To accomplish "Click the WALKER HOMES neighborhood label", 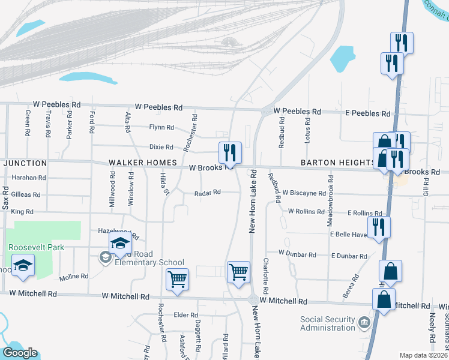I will (x=142, y=163).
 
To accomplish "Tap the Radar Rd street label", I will (x=208, y=193).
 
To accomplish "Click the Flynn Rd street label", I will (x=161, y=127).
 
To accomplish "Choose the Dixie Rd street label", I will (x=161, y=147).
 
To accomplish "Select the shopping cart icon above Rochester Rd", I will (x=178, y=279).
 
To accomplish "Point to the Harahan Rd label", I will (x=29, y=178).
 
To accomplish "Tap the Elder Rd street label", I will (x=185, y=315).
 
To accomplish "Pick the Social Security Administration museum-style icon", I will (x=364, y=324).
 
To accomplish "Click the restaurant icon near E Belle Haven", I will (x=379, y=227).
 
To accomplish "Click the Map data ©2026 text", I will (x=422, y=355).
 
